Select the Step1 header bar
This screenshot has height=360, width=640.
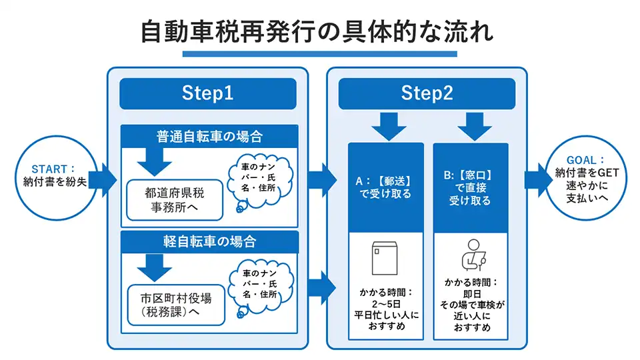click(x=207, y=94)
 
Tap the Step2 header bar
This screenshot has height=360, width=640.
click(x=426, y=94)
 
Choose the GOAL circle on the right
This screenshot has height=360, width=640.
click(x=586, y=180)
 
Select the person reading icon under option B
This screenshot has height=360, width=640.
click(x=471, y=254)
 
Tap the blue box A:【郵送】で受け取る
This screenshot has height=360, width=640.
click(x=385, y=187)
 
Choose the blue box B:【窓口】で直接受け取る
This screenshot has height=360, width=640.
click(x=471, y=187)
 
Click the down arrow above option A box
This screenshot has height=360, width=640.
click(x=385, y=125)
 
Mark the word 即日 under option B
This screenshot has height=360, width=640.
click(x=471, y=293)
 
